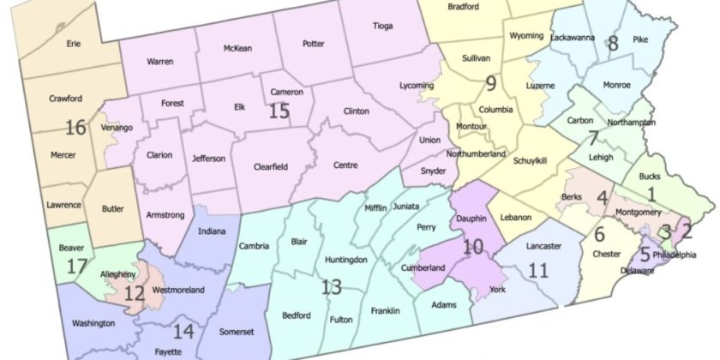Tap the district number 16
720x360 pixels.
tap(75, 128)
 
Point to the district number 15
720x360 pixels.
tap(279, 111)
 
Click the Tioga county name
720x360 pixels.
tap(381, 26)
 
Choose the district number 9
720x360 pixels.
tap(490, 82)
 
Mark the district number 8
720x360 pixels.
tap(612, 44)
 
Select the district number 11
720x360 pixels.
tap(537, 271)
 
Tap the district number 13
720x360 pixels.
tap(331, 286)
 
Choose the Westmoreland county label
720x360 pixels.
tap(177, 291)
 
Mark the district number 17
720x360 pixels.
tap(77, 267)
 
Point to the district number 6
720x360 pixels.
tap(599, 235)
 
